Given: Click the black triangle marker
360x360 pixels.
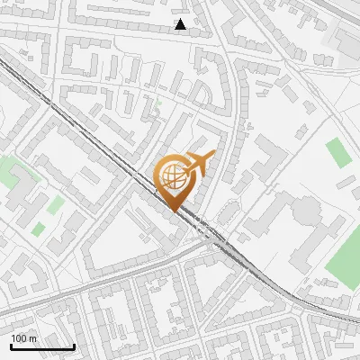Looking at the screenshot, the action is point(181,24).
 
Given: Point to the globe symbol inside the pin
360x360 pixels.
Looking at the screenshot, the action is point(171,174).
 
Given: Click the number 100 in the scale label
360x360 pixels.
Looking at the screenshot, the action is point(19,338).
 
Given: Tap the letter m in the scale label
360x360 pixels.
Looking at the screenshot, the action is point(32,338).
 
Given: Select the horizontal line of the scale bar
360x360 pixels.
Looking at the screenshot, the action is point(42,346).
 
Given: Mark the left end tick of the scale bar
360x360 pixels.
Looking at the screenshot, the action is point(11,345).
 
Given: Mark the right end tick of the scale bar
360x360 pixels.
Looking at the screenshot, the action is point(74,345).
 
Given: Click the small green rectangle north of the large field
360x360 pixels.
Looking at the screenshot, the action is point(338,153).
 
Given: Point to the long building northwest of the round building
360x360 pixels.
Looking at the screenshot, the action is point(268,161).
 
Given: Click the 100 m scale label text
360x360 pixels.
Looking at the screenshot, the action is point(23,338).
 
